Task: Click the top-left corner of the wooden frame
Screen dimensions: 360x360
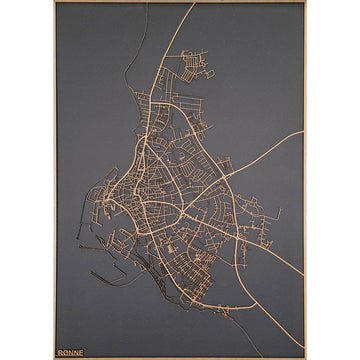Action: point(54,2)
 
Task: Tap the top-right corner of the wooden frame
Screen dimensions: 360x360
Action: point(306,2)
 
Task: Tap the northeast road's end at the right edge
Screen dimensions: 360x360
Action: point(302,131)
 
